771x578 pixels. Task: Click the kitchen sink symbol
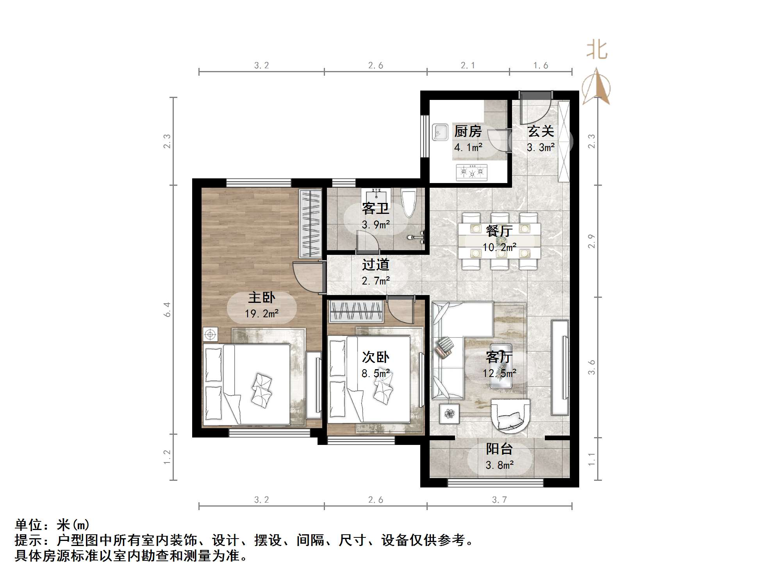(440, 132)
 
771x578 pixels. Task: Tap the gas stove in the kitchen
(472, 172)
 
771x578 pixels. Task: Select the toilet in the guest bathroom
(409, 202)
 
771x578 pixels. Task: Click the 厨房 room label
(468, 132)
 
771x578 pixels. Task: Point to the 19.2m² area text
(262, 313)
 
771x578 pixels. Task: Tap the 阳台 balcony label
(499, 449)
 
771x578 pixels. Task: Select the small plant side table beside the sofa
(449, 413)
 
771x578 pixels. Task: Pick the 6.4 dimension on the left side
(167, 309)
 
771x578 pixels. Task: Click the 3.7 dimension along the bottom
(499, 500)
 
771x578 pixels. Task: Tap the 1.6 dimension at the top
(541, 66)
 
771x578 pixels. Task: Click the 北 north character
(597, 50)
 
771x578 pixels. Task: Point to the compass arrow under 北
(596, 87)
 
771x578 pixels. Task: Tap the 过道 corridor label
(375, 265)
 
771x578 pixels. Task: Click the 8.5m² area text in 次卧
(375, 373)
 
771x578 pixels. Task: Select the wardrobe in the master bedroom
(310, 223)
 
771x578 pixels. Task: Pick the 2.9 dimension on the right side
(592, 241)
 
